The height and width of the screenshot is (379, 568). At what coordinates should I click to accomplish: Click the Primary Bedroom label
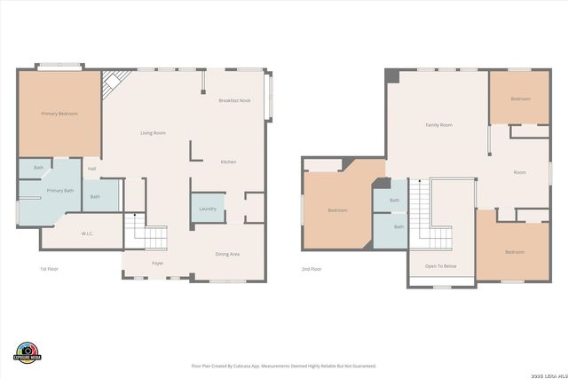[x=59, y=114]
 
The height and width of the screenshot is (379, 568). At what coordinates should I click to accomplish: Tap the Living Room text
[x=153, y=133]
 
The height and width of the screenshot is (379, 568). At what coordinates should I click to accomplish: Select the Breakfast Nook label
[x=234, y=100]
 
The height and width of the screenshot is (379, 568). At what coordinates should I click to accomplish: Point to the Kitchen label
[x=228, y=162]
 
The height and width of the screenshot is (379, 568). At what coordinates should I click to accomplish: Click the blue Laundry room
[x=207, y=209]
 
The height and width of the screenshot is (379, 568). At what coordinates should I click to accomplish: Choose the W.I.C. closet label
[x=88, y=234]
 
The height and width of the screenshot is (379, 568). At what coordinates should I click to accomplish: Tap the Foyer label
[x=157, y=264]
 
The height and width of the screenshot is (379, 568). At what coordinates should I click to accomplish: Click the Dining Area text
[x=227, y=255]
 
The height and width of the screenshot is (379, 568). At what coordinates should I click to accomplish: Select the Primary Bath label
[x=60, y=191]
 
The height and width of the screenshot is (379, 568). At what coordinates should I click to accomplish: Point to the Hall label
[x=91, y=169]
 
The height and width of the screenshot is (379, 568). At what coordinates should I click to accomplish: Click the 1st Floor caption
[x=50, y=269]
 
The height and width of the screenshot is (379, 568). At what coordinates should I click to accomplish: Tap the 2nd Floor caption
[x=312, y=269]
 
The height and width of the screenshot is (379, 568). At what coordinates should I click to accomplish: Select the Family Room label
[x=438, y=125]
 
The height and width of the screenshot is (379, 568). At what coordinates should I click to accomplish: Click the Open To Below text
[x=440, y=266]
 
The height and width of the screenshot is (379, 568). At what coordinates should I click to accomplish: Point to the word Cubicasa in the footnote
[x=253, y=366]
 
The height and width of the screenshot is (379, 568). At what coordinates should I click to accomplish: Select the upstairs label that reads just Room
[x=519, y=172]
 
